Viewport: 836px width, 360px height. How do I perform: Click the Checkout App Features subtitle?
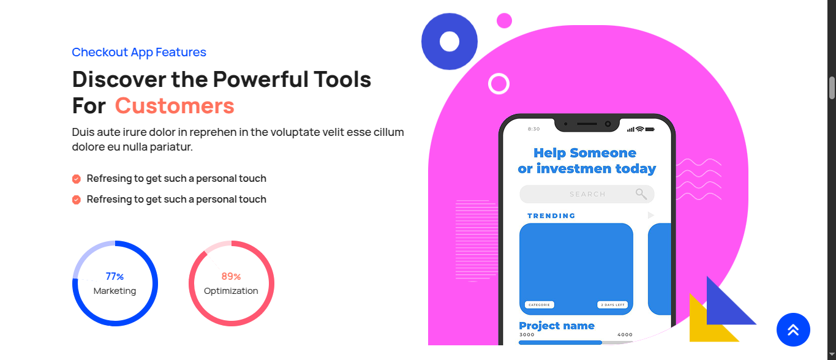click(x=139, y=52)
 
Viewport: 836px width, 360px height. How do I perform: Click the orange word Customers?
click(x=175, y=105)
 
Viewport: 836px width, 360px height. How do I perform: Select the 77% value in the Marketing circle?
click(x=115, y=277)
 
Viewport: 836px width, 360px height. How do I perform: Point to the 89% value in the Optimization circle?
click(x=231, y=277)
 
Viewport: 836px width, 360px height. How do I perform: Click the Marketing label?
click(x=115, y=291)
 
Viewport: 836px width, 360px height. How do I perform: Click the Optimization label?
click(x=231, y=291)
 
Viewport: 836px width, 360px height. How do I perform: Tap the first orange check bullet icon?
click(x=76, y=179)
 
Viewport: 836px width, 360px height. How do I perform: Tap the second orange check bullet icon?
click(x=76, y=200)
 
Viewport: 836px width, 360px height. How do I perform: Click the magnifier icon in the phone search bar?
click(x=641, y=194)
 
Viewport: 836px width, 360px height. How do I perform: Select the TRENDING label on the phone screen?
click(x=551, y=216)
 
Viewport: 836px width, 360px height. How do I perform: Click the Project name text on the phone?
click(x=557, y=326)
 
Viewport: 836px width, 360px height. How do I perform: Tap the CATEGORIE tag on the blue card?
click(x=540, y=305)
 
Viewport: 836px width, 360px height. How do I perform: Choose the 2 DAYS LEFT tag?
click(x=612, y=305)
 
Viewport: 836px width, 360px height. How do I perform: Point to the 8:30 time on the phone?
click(x=533, y=129)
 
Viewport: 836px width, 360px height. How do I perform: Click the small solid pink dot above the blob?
click(x=504, y=21)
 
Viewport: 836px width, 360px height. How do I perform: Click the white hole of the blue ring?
click(x=450, y=42)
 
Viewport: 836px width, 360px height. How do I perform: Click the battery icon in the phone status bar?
click(x=650, y=129)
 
